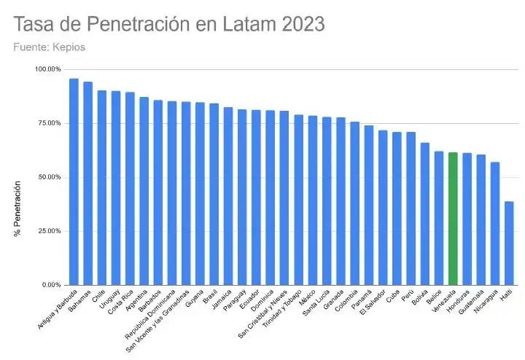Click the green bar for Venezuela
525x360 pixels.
[453, 219]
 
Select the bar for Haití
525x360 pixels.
[509, 243]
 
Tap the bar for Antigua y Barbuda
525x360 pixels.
[74, 181]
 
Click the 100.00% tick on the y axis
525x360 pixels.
[48, 69]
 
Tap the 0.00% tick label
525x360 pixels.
[51, 285]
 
